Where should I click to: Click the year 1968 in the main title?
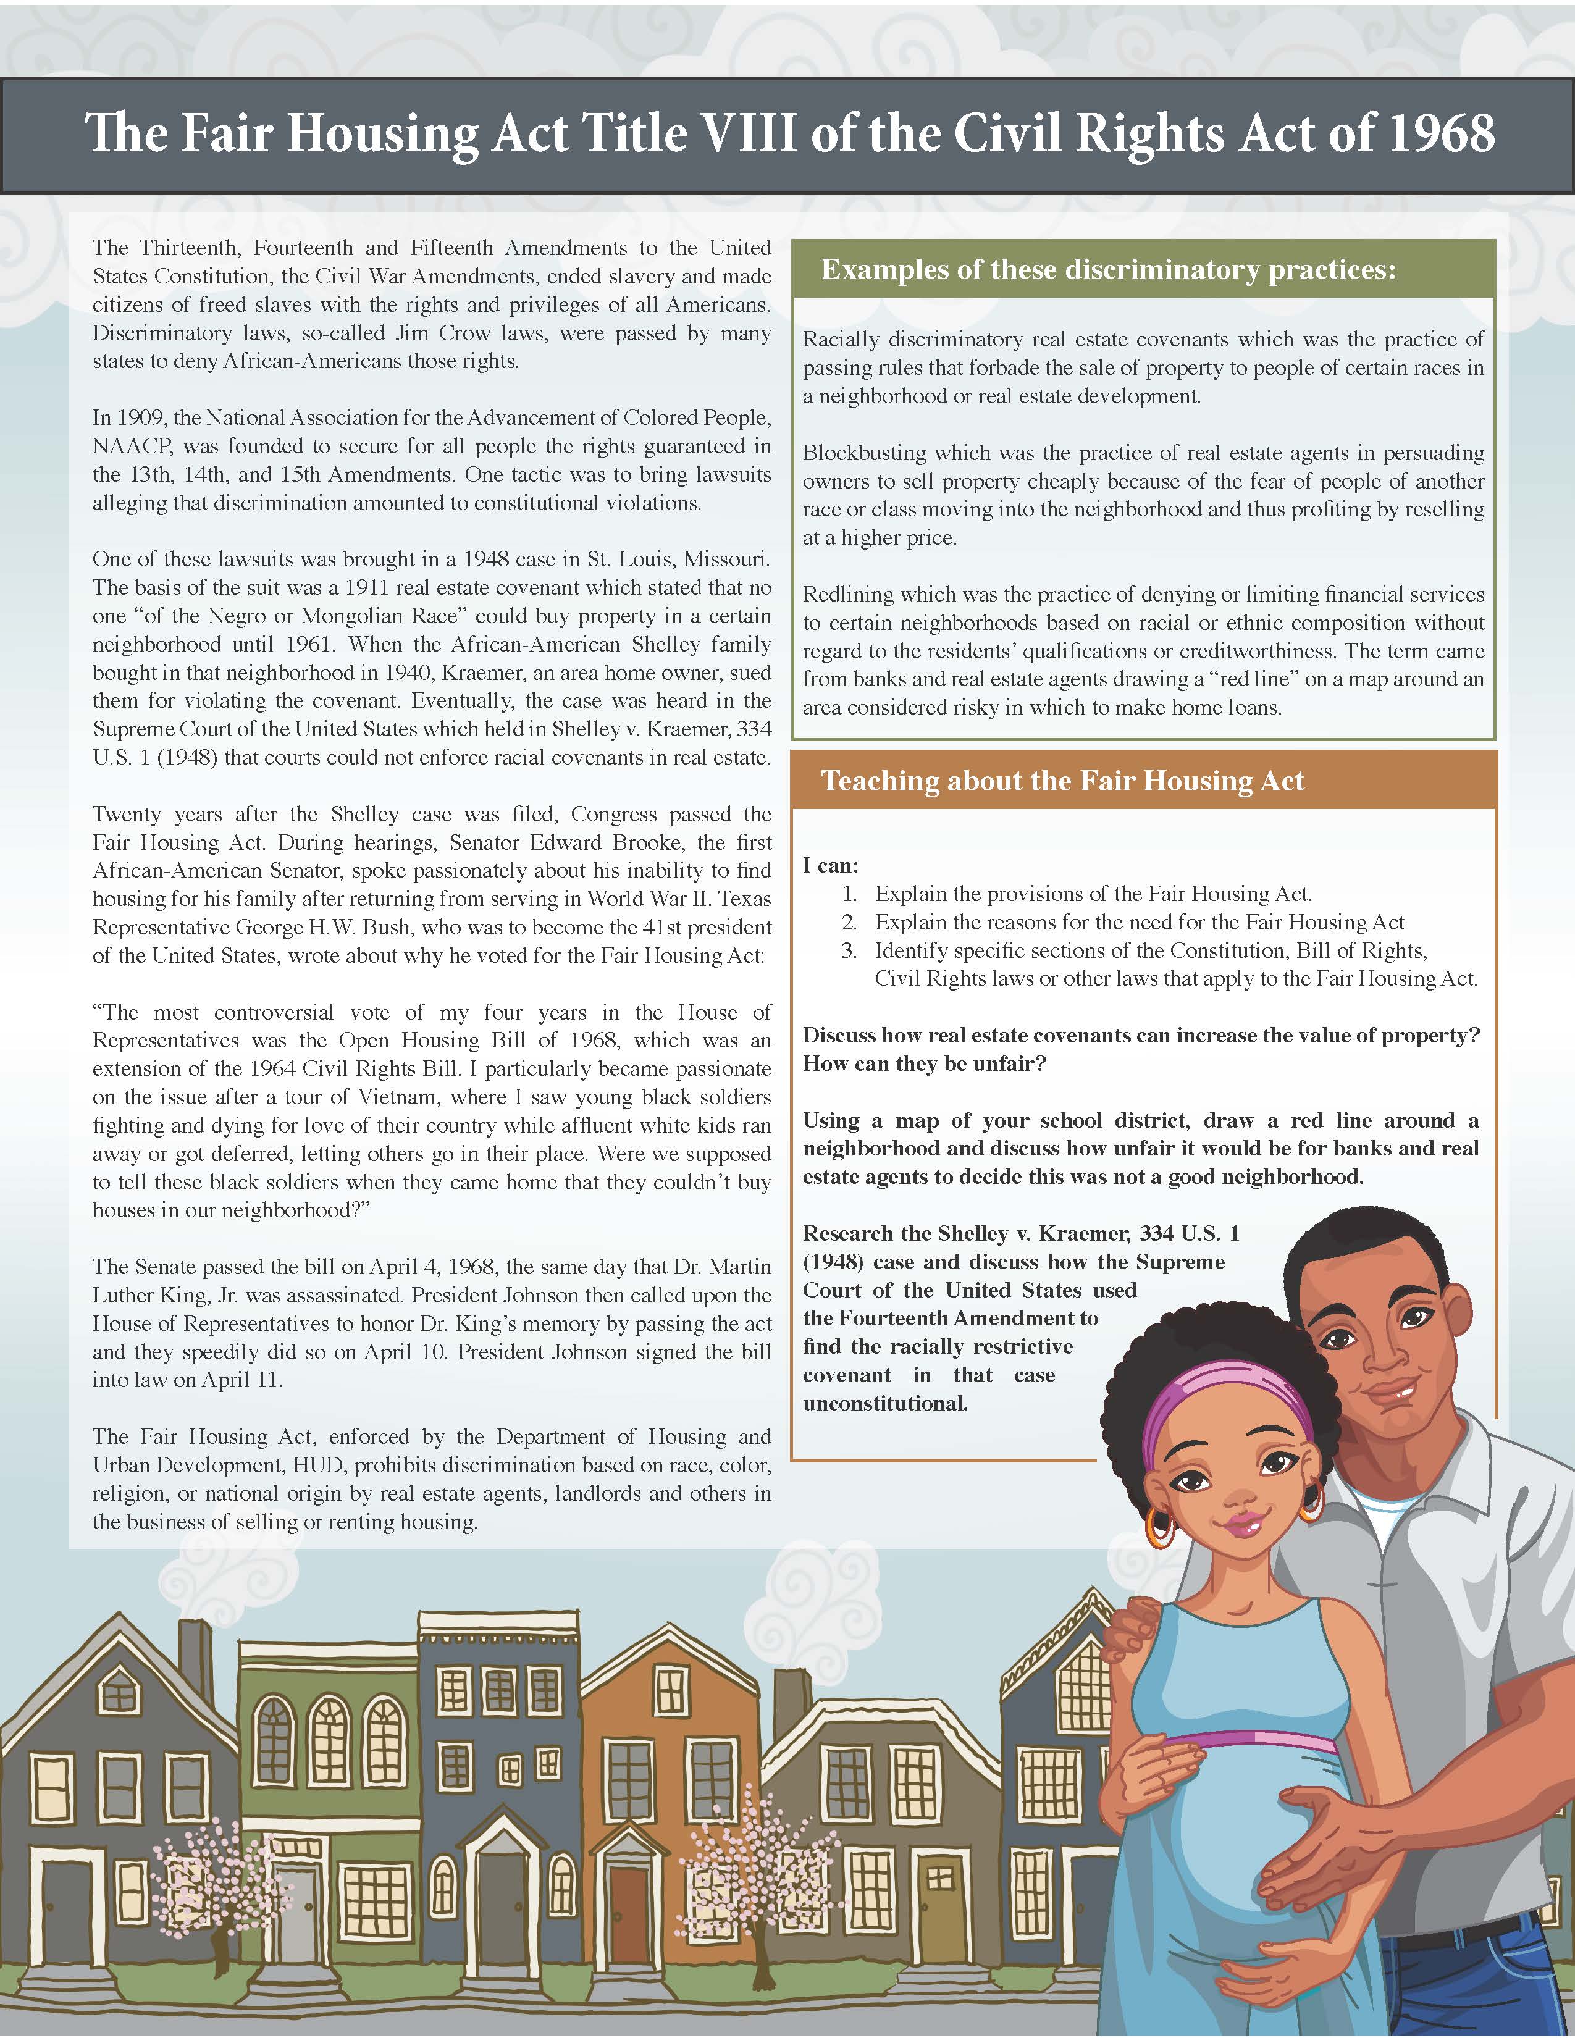tap(1442, 133)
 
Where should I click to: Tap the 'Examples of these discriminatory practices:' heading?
tap(1109, 270)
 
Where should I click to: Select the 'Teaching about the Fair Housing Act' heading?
tap(1062, 781)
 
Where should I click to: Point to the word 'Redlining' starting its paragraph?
tap(846, 594)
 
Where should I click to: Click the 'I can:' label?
tap(830, 865)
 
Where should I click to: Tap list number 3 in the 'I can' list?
tap(849, 951)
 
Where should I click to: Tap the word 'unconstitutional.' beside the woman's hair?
tap(884, 1404)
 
